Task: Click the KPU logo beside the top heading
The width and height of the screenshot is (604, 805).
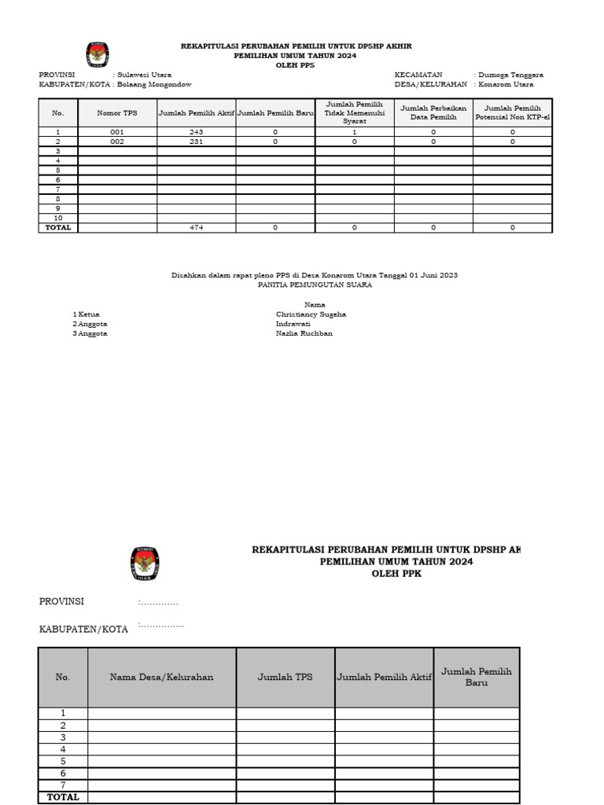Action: [x=97, y=55]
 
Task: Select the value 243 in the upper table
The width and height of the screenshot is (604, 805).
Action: [x=196, y=132]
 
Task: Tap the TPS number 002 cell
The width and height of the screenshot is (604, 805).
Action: [x=117, y=142]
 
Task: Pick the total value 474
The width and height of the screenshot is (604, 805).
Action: [x=196, y=227]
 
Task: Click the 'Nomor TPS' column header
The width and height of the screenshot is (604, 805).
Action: [x=117, y=113]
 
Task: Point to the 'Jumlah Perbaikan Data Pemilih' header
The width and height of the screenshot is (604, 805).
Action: [x=433, y=112]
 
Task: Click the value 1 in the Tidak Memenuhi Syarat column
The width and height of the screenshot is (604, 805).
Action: [x=354, y=132]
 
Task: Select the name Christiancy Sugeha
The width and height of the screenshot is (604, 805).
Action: [x=311, y=314]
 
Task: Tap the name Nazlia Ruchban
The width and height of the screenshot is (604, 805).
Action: [x=304, y=333]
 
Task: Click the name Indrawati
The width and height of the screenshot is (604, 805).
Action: [x=293, y=324]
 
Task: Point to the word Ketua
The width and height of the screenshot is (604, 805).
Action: [x=89, y=314]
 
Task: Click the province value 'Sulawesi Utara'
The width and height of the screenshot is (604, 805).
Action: [x=145, y=75]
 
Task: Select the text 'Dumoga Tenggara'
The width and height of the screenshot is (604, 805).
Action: [x=510, y=75]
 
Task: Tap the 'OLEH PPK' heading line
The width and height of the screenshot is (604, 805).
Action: [x=396, y=574]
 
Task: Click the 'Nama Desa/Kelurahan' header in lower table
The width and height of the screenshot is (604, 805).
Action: [x=161, y=677]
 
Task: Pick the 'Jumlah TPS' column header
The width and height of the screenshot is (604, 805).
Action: [x=285, y=677]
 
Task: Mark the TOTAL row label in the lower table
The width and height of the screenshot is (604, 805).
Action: [x=63, y=796]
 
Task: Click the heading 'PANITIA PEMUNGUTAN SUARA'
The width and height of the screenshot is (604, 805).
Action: [x=315, y=285]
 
